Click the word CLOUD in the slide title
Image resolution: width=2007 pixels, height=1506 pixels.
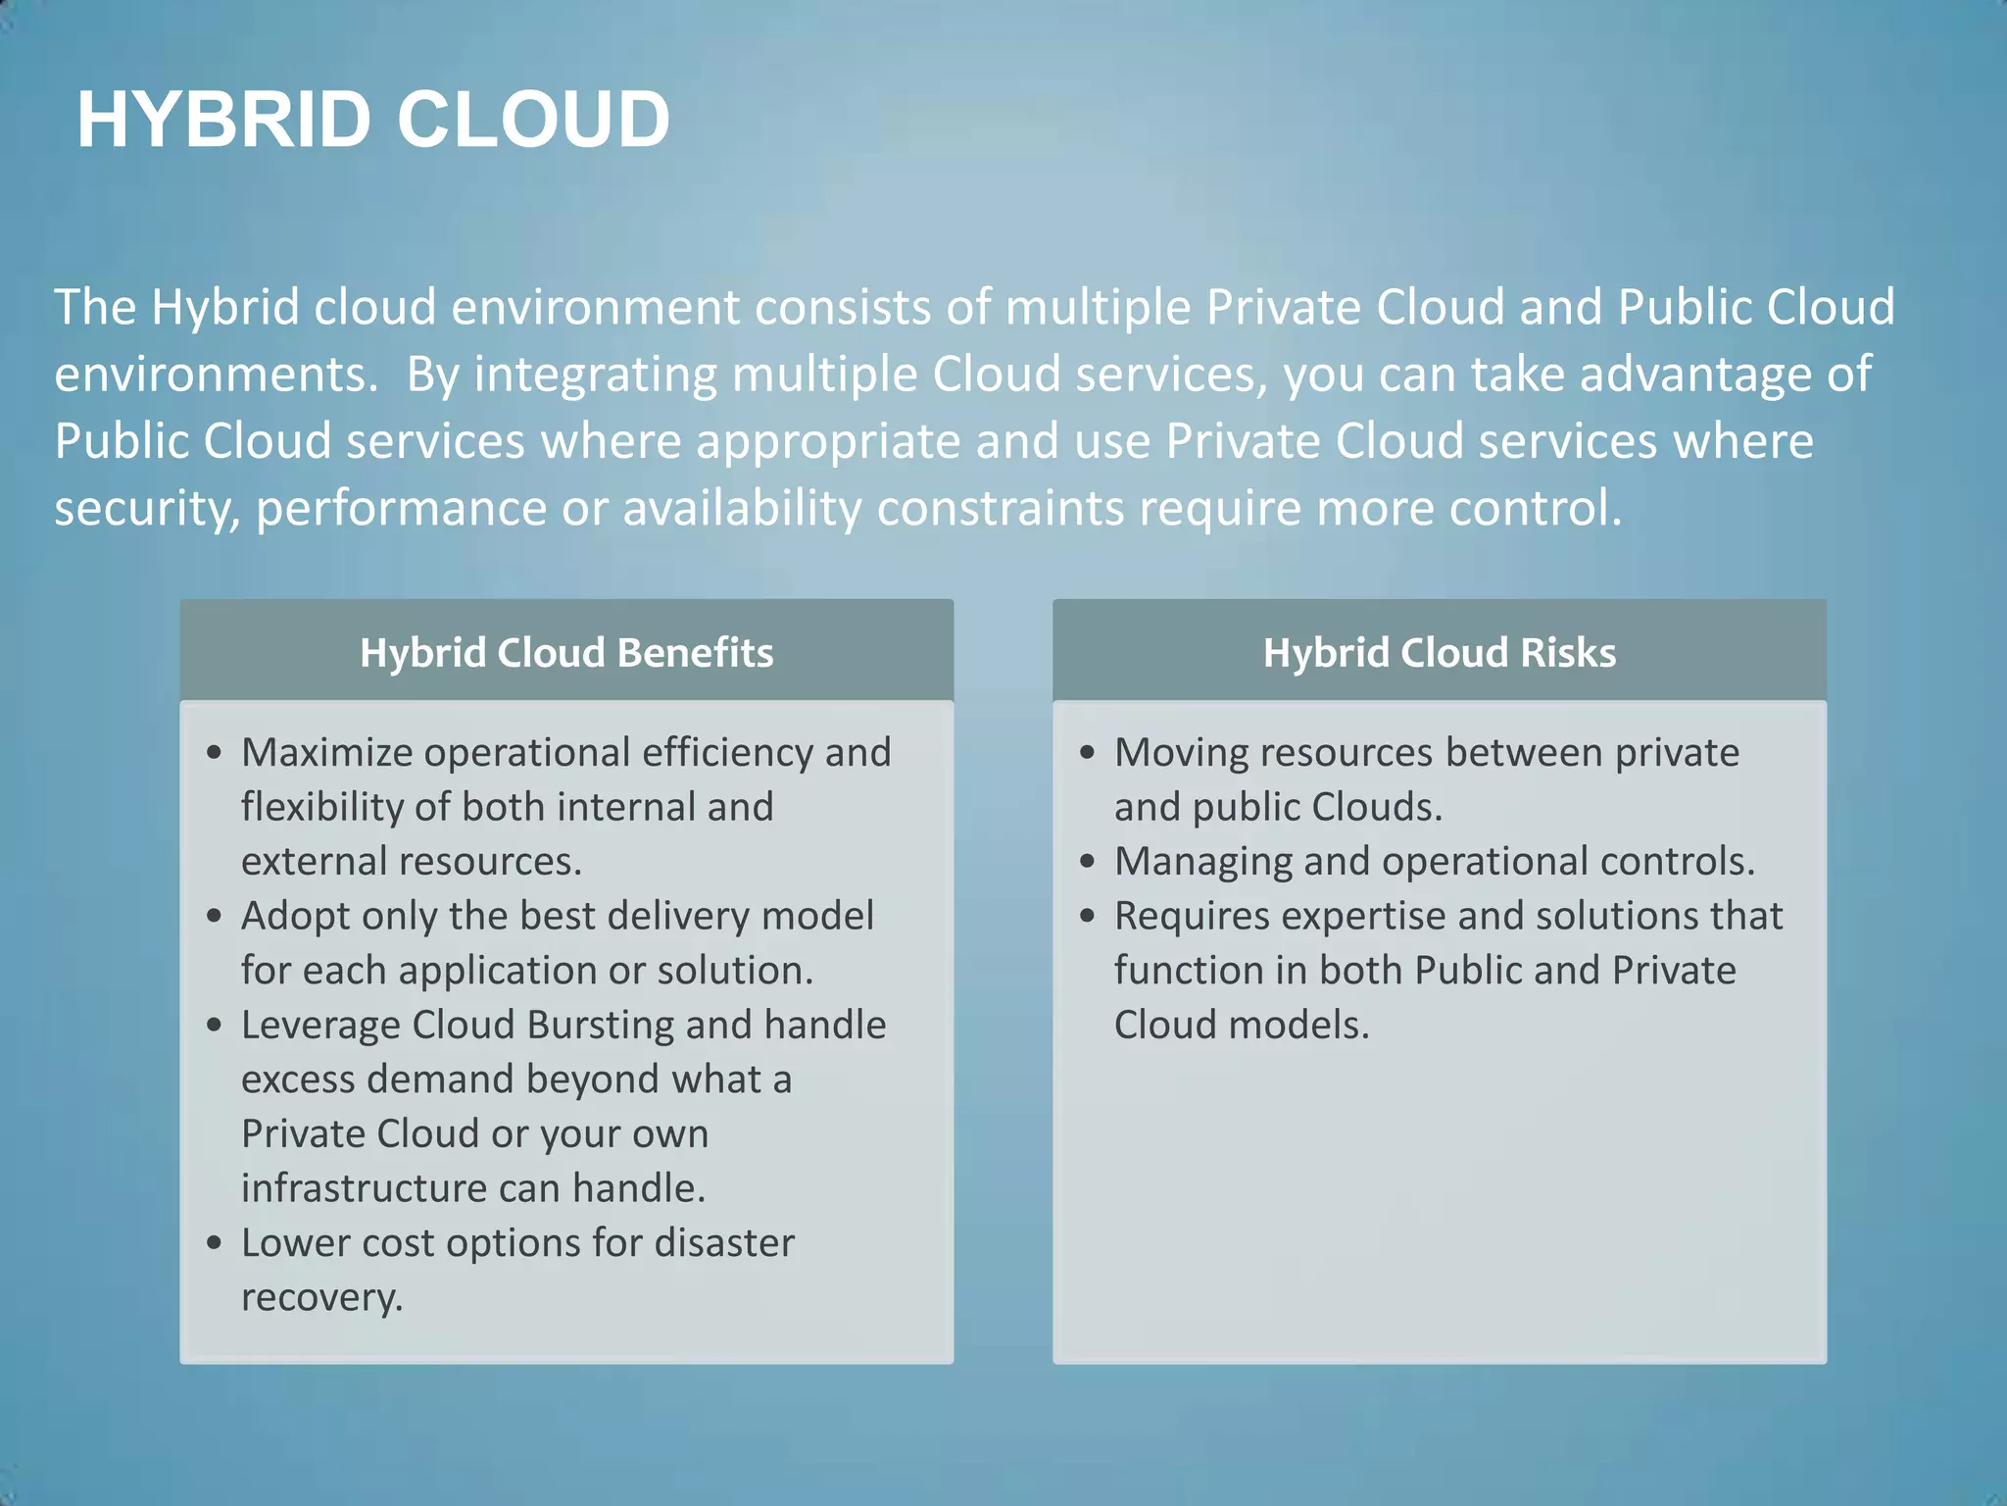(533, 120)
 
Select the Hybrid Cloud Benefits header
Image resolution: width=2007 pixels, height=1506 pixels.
(566, 653)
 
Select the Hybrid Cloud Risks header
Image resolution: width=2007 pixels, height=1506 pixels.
(1439, 653)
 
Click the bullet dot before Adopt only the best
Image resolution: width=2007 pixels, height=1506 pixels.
(215, 917)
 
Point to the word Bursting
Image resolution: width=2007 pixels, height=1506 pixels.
(600, 1026)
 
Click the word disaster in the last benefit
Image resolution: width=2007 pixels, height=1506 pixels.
(724, 1243)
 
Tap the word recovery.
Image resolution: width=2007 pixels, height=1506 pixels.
(321, 1298)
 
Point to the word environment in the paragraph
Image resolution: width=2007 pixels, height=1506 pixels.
(594, 308)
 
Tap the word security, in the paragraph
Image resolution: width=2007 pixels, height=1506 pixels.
(147, 509)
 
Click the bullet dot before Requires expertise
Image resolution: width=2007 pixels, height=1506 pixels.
(1087, 917)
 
